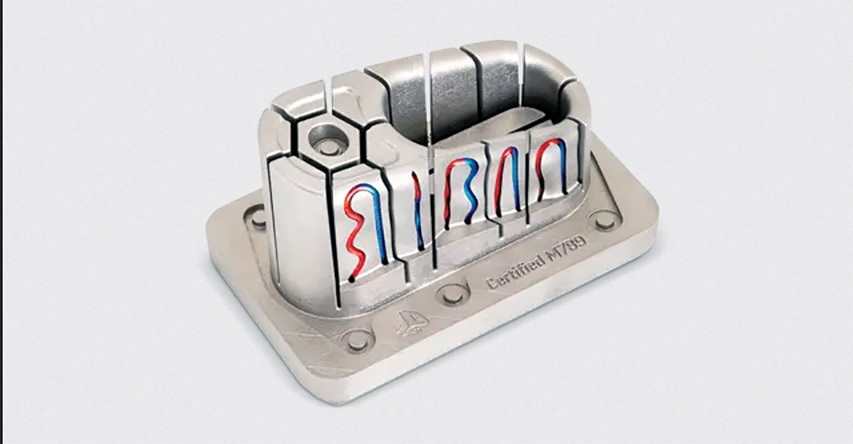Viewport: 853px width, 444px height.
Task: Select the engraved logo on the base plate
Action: (x=408, y=322)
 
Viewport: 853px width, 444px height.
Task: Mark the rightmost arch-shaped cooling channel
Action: (x=552, y=167)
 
